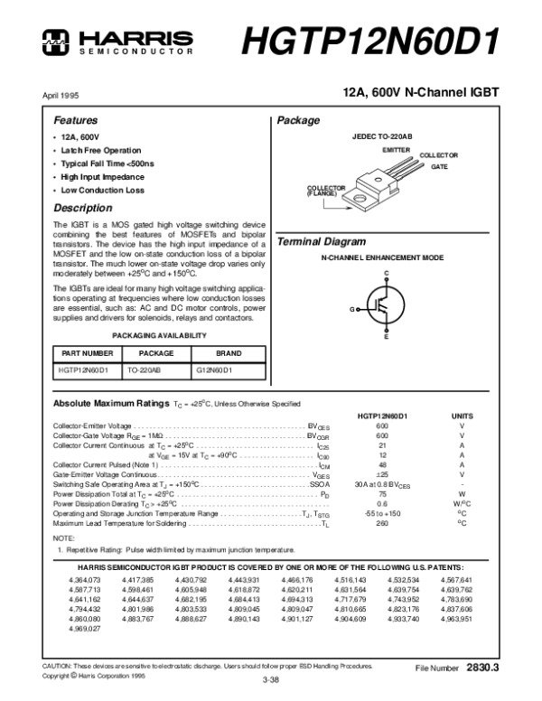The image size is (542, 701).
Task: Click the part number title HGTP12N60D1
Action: (x=370, y=41)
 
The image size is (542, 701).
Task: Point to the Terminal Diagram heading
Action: (x=321, y=242)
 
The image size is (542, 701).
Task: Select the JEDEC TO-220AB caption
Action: (x=382, y=135)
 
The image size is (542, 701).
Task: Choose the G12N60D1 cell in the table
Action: (x=214, y=370)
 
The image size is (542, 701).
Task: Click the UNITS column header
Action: (x=461, y=415)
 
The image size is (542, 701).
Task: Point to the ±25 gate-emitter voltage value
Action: (x=381, y=474)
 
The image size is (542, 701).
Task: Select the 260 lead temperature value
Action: (x=381, y=523)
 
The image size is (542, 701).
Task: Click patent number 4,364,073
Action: (x=85, y=578)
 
